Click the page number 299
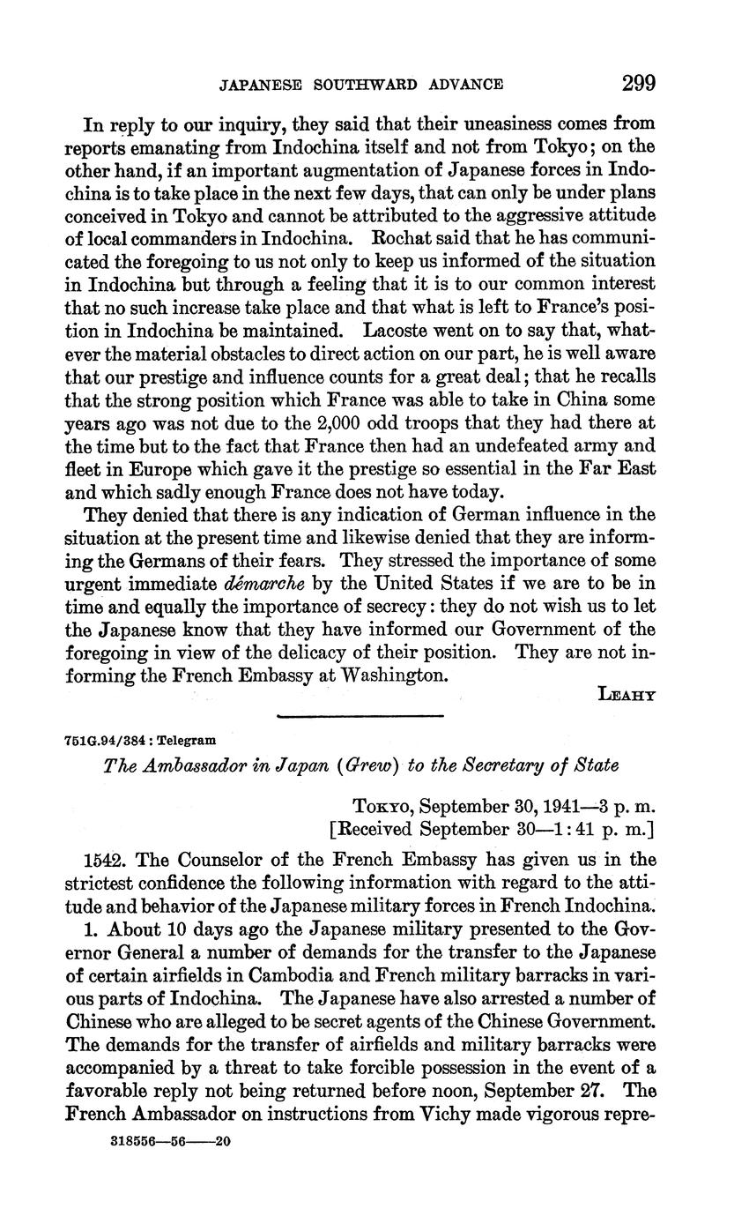639,84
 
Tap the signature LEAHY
627,695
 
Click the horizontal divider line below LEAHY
360,715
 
